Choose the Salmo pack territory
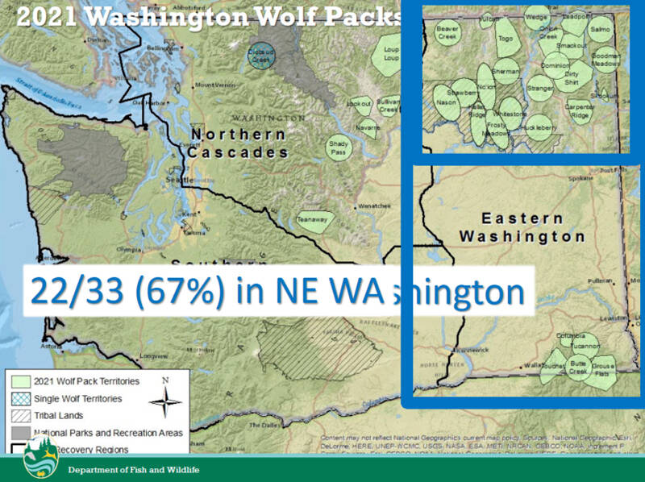coord(601,31)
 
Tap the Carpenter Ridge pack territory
coord(579,111)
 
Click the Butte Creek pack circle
coord(577,368)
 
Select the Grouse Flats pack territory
coord(603,370)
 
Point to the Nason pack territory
coord(446,102)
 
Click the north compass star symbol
coord(165,399)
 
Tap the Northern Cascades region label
coord(238,143)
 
